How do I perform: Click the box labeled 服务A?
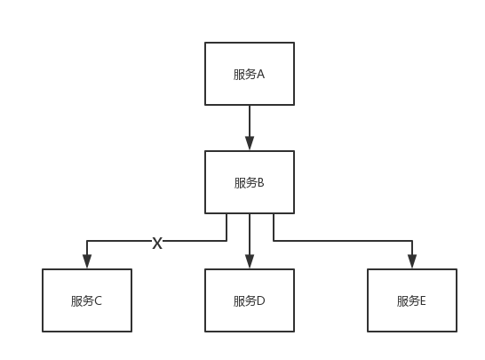point(250,73)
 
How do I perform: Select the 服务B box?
point(250,182)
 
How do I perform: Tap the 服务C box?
point(87,300)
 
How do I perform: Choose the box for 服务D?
point(250,300)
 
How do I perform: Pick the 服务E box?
point(412,300)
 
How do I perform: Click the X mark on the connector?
point(157,243)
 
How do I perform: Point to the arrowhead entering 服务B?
point(250,142)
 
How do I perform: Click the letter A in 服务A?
point(261,74)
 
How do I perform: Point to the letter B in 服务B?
point(261,183)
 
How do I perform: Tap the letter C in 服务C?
point(99,300)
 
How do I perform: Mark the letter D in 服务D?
point(261,300)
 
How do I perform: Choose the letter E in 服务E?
point(424,300)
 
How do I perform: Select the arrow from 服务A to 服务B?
point(250,124)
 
